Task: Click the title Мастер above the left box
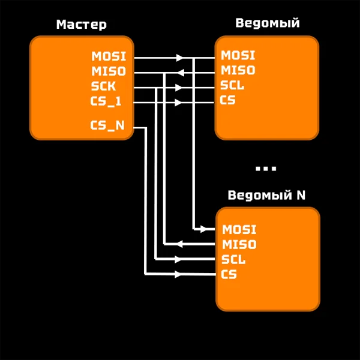(81, 25)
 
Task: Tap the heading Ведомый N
(266, 196)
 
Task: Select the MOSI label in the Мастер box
(109, 56)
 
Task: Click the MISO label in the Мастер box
(109, 71)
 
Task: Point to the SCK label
(103, 86)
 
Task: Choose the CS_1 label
(106, 101)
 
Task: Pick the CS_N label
(107, 125)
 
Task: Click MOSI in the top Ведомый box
(238, 55)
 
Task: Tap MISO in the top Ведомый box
(238, 70)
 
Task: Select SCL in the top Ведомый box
(232, 85)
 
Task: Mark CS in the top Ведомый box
(227, 100)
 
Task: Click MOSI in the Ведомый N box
(239, 229)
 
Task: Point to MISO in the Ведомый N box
(239, 244)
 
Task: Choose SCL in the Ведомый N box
(233, 260)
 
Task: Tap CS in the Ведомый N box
(229, 275)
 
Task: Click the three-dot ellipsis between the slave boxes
(266, 169)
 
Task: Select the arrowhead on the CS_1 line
(178, 103)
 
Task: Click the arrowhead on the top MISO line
(179, 73)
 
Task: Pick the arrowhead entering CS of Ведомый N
(178, 274)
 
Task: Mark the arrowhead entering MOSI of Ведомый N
(204, 229)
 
